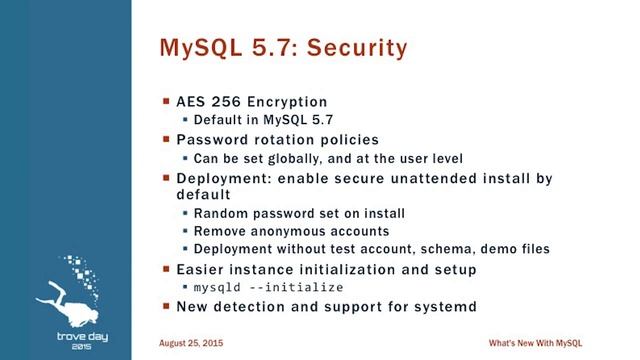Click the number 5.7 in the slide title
click(260, 47)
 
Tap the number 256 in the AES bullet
click(230, 102)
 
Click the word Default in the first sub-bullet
click(218, 121)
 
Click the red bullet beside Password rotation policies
click(166, 140)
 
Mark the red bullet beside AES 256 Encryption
click(166, 102)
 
